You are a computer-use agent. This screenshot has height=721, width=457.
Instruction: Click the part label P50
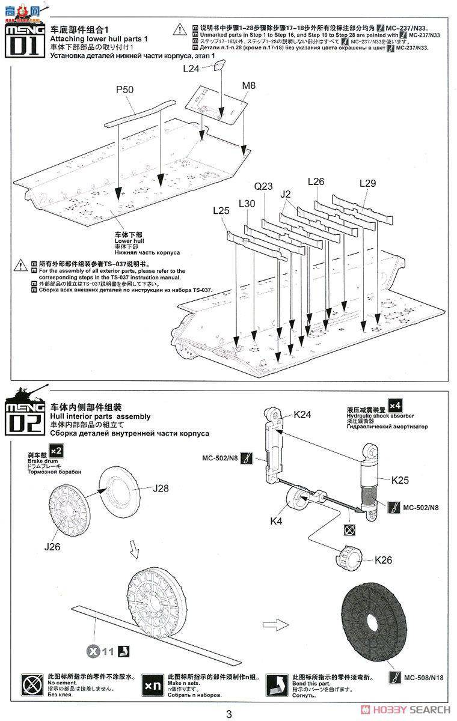click(125, 90)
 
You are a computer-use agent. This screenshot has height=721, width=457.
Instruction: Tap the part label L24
click(191, 68)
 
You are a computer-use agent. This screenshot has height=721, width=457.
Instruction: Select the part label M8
click(248, 86)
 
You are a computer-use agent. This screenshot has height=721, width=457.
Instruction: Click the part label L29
click(367, 183)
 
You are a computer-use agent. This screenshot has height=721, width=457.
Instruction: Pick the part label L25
click(221, 211)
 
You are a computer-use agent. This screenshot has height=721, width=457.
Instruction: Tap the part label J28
click(161, 488)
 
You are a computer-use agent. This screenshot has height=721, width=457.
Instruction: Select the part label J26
click(53, 547)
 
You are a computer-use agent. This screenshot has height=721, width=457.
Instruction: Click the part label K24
click(304, 414)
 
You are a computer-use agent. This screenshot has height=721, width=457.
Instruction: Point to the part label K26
click(384, 560)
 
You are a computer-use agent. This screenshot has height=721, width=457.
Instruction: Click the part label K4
click(276, 522)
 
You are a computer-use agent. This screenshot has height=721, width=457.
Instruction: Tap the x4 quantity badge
click(396, 404)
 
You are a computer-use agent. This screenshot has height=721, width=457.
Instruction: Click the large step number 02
click(23, 421)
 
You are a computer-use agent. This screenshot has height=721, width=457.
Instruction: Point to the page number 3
click(228, 714)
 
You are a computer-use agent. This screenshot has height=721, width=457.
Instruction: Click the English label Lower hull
click(127, 241)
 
